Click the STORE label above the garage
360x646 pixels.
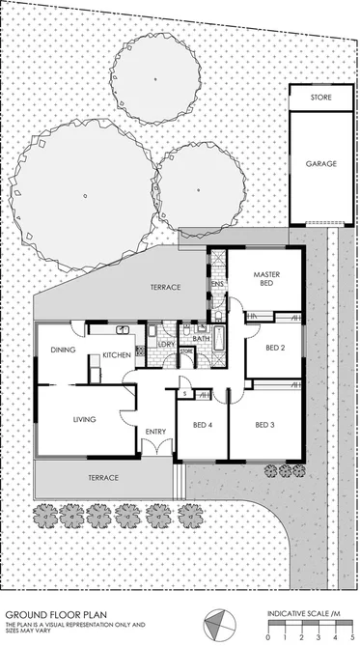321,98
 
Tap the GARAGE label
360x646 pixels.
321,163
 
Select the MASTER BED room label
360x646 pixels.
267,279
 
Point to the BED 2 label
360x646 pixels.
275,348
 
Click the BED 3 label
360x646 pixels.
265,425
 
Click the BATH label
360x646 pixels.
202,339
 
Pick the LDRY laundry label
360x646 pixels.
166,344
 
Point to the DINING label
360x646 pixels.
64,351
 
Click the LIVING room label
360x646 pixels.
87,419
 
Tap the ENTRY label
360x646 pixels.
155,431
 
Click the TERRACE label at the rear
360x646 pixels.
168,288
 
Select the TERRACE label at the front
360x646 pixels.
103,478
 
